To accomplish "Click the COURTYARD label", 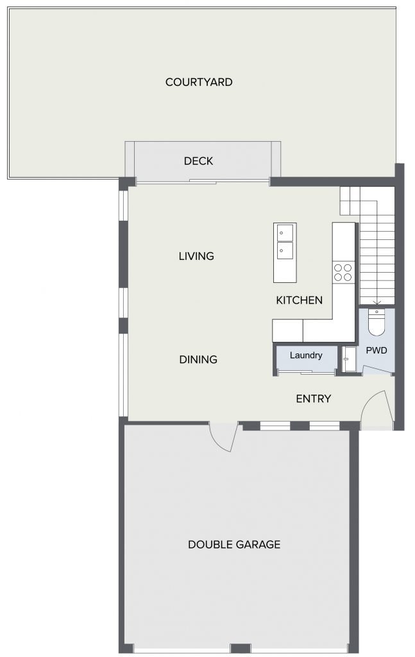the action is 199,82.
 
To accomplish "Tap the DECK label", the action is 198,161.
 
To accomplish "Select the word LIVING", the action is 196,256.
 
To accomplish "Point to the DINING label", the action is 198,359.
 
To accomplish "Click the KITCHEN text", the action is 300,300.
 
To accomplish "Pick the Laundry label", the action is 306,355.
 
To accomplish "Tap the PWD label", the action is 377,350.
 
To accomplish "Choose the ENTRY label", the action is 314,398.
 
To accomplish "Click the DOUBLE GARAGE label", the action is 234,544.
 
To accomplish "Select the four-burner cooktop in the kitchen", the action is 343,272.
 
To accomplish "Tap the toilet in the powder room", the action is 377,322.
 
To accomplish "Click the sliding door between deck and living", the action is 203,182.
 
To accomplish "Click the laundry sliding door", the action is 307,371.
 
